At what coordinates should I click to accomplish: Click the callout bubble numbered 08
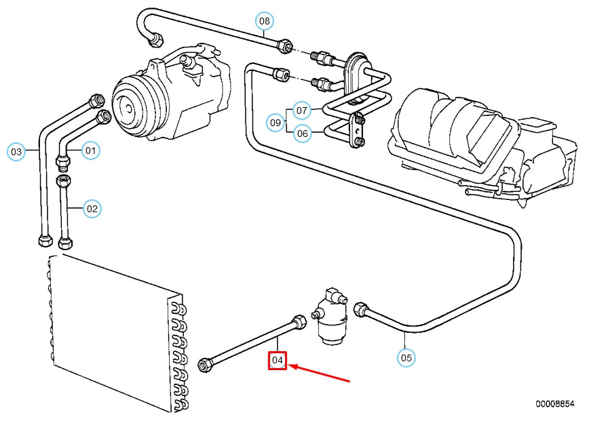[x=265, y=21]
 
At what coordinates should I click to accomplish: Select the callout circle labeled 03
[x=16, y=150]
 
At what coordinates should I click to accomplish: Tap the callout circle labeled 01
[x=91, y=149]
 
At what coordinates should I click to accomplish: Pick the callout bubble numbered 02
[x=92, y=209]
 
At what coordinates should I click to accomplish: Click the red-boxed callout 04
[x=278, y=361]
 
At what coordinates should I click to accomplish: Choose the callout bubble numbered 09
[x=275, y=123]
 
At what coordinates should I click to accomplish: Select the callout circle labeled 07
[x=302, y=110]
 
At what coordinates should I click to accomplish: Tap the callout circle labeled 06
[x=302, y=134]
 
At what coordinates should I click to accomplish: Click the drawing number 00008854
[x=554, y=403]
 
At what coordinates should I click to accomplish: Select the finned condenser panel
[x=112, y=332]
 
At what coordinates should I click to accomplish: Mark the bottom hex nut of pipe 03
[x=44, y=241]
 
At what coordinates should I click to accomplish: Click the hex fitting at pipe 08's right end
[x=285, y=46]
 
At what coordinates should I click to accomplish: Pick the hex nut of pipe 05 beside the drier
[x=361, y=310]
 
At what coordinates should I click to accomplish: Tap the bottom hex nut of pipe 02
[x=66, y=242]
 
